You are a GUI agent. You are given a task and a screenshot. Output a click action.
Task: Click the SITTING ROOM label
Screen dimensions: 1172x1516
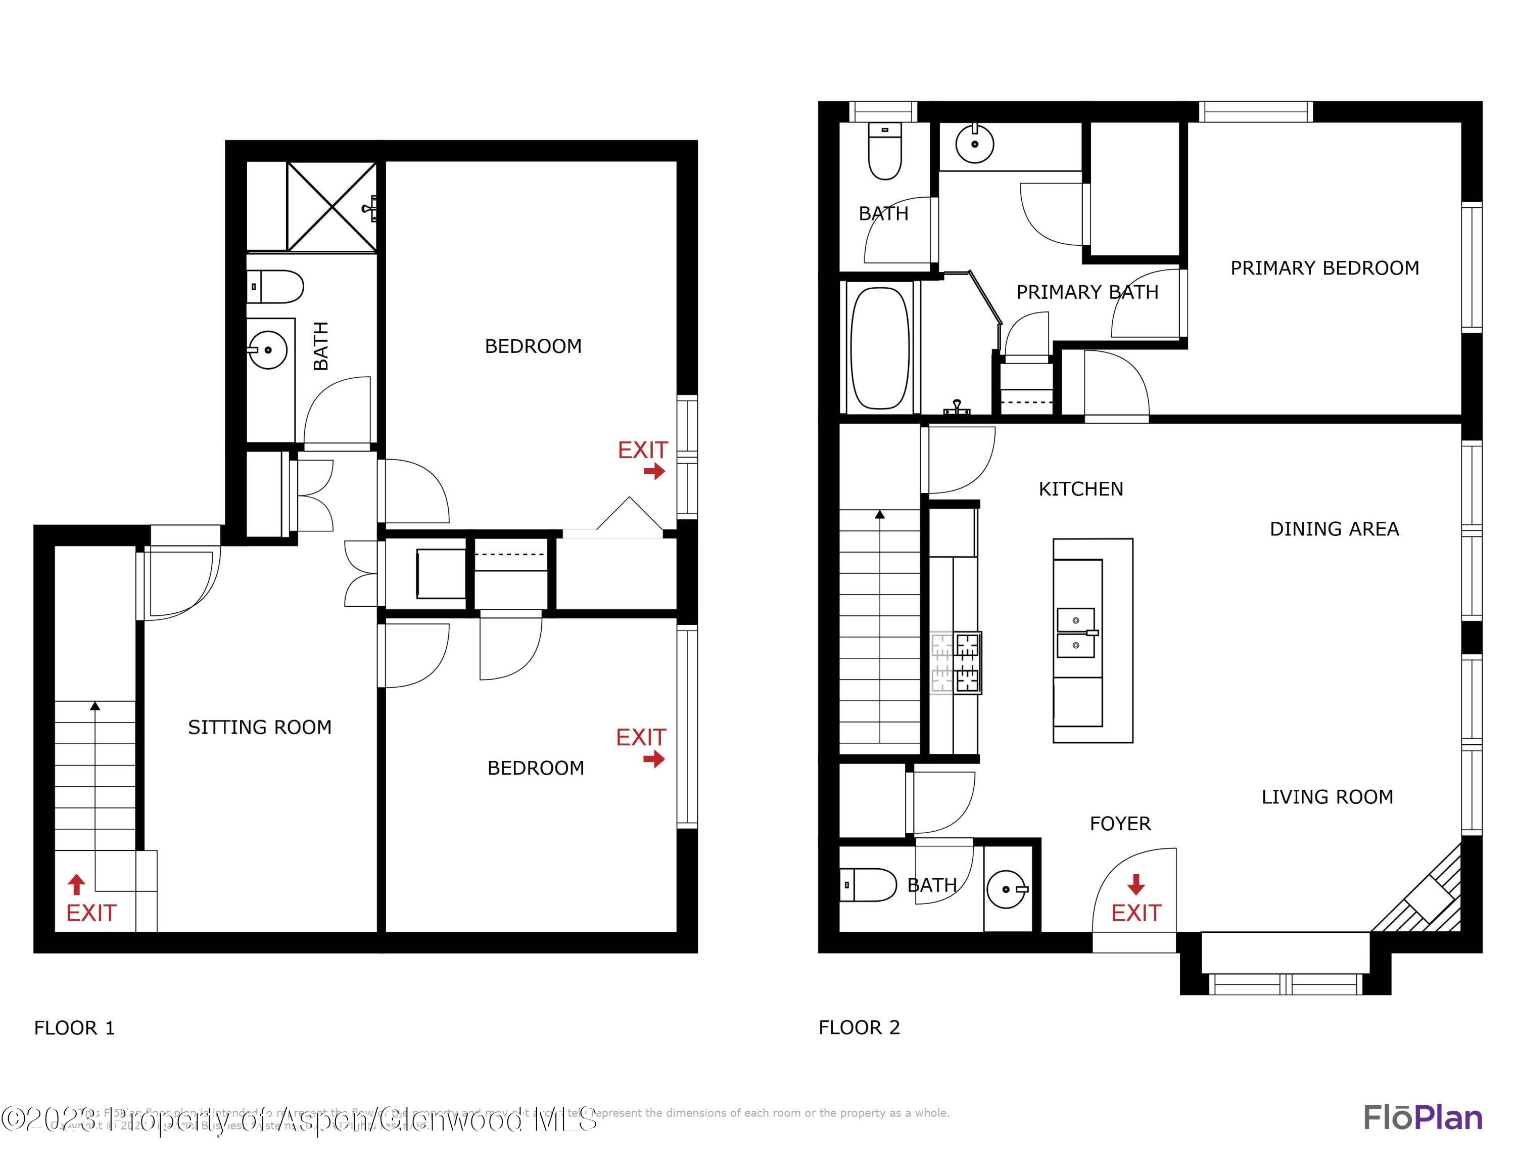[260, 727]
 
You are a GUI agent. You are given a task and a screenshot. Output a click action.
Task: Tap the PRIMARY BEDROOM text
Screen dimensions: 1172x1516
[1324, 268]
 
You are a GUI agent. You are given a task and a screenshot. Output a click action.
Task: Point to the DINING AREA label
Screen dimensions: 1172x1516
[1334, 529]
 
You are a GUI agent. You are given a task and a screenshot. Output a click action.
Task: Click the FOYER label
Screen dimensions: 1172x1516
[1120, 824]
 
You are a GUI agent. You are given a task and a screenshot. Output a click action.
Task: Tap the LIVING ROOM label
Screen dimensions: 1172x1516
[1326, 796]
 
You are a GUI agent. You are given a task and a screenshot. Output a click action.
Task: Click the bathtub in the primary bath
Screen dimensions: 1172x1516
[879, 348]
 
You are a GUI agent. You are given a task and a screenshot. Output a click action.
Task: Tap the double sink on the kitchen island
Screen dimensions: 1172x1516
[1076, 633]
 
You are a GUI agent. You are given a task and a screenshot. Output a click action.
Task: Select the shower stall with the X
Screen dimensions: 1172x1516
[332, 206]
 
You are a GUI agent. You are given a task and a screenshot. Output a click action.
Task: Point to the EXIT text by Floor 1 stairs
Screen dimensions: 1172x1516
[91, 913]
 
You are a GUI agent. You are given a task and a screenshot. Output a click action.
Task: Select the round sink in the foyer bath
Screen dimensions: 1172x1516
[1005, 889]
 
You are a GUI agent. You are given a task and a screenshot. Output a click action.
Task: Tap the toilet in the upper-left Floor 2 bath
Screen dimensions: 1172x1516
[884, 152]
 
